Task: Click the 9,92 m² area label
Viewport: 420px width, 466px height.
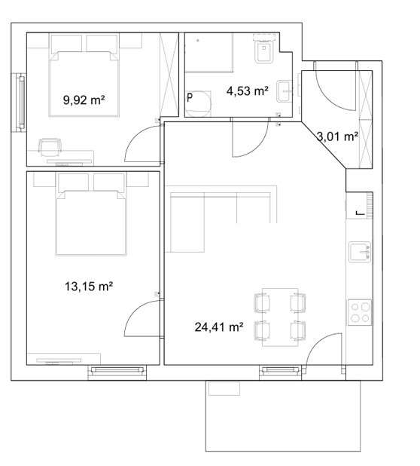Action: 84,100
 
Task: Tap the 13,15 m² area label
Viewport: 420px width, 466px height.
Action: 89,287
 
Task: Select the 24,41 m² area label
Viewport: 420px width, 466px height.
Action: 219,327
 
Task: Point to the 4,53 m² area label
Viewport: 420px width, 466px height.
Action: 248,90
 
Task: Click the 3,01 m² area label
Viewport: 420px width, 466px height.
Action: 337,136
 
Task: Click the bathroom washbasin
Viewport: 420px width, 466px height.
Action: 285,91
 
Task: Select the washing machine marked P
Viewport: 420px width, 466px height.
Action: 198,104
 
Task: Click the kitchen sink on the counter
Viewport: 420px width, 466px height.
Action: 360,252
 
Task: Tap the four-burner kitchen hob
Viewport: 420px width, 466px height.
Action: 360,312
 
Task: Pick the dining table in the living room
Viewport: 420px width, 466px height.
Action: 280,317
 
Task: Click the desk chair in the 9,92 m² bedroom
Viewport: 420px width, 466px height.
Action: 50,147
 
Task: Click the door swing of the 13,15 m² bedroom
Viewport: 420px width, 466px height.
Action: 144,318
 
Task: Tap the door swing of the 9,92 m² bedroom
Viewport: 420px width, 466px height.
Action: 144,143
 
